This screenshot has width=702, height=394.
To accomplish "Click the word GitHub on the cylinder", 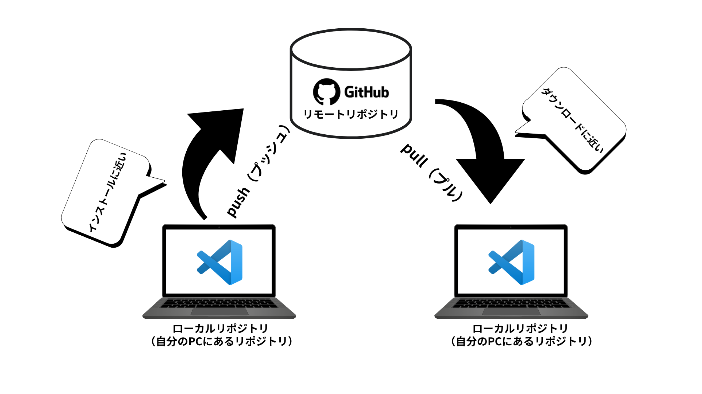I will (367, 92).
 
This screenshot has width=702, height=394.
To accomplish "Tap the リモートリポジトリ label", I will (351, 114).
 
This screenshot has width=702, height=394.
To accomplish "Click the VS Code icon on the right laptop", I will (511, 262).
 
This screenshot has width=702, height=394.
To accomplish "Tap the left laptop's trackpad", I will (219, 312).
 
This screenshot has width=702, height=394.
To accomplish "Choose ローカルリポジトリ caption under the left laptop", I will (219, 329).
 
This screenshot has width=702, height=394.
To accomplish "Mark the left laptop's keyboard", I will (219, 303).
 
